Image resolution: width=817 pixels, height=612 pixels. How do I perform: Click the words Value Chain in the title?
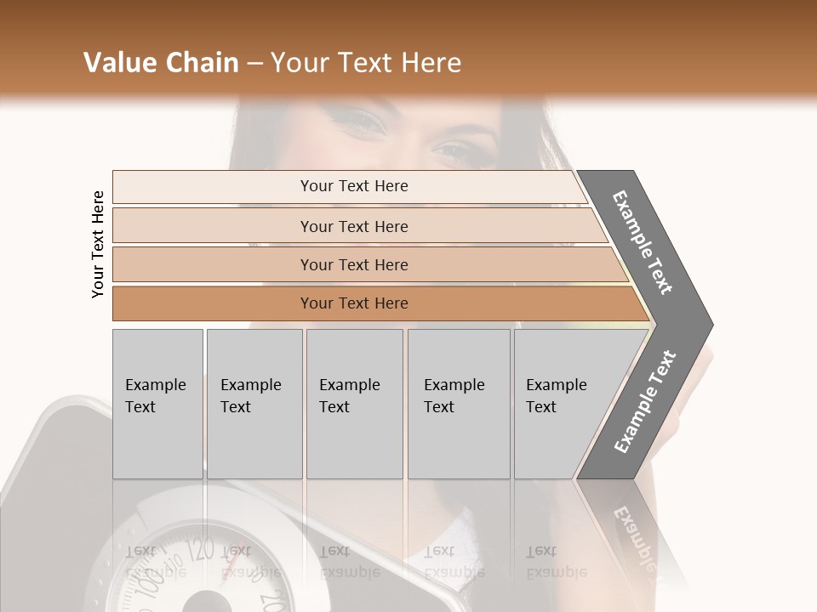161,63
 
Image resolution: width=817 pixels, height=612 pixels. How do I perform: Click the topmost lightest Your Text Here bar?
353,186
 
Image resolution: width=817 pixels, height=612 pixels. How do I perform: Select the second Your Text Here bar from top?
353,226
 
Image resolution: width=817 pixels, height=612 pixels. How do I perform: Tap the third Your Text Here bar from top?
353,264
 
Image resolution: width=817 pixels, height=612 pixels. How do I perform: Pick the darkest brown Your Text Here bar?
353,303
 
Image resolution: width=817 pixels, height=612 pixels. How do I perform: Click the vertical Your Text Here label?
98,244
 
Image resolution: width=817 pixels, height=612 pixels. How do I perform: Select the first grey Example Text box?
157,403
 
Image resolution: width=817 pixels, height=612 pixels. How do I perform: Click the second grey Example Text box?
254,403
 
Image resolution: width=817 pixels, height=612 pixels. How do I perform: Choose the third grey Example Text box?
353,403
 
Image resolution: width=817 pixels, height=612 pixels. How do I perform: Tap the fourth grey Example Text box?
458,403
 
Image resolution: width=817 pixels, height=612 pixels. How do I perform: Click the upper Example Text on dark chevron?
643,242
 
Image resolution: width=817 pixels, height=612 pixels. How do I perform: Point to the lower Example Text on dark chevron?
644,402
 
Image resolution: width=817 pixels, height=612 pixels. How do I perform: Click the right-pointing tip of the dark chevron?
709,324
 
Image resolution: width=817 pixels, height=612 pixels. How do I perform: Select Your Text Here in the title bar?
366,63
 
